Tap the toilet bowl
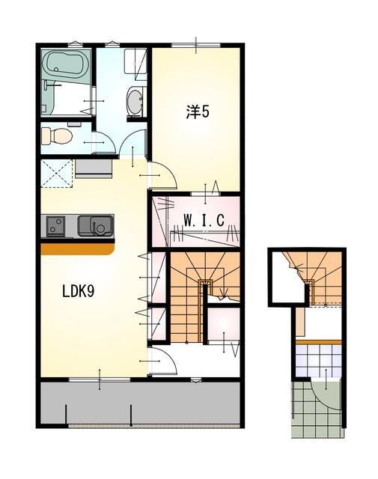pyautogui.click(x=57, y=136)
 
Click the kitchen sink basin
pyautogui.click(x=96, y=224)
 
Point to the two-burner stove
pyautogui.click(x=56, y=224)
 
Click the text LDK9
pyautogui.click(x=77, y=292)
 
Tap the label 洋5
pyautogui.click(x=198, y=112)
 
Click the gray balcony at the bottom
pyautogui.click(x=141, y=404)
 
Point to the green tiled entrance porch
pyautogui.click(x=314, y=412)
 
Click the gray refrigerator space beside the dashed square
pyautogui.click(x=93, y=166)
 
